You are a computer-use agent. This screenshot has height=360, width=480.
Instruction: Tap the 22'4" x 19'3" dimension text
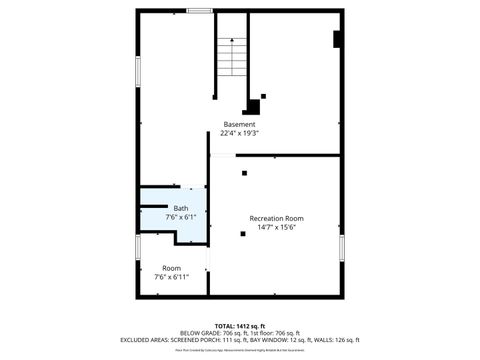[240, 133]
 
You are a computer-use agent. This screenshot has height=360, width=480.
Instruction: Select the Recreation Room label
[276, 218]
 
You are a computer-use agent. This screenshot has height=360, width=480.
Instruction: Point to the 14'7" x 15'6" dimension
[276, 227]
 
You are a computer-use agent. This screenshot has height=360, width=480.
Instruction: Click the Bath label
[180, 208]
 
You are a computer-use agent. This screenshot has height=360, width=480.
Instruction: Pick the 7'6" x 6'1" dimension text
[180, 217]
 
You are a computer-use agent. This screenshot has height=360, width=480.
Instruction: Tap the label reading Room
[172, 268]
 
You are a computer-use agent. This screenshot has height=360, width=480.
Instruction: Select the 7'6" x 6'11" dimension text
[172, 277]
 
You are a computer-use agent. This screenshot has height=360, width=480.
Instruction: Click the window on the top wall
[199, 11]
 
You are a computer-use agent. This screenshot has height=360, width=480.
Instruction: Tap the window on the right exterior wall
[341, 246]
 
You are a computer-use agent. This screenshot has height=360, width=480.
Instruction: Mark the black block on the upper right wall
[337, 39]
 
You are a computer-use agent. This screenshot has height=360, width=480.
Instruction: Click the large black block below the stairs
[253, 105]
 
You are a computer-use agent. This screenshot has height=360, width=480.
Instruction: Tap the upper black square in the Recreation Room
[244, 173]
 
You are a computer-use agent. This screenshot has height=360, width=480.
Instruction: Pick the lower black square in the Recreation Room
[243, 233]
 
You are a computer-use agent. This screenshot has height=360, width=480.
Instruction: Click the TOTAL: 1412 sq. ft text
[240, 326]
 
